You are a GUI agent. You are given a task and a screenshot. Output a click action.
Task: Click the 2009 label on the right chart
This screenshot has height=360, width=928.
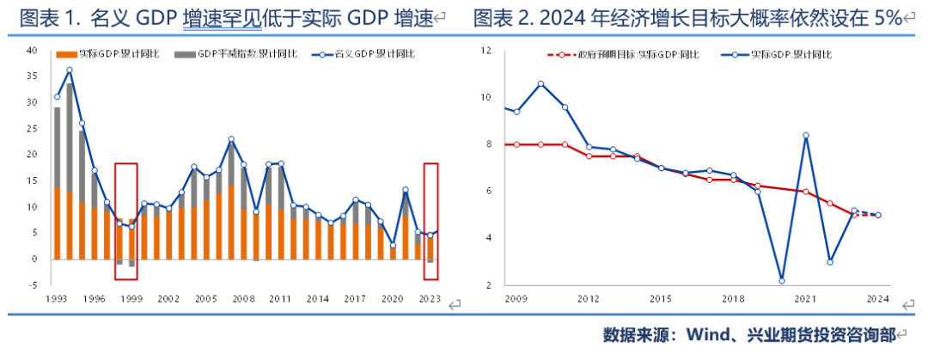[x=516, y=298]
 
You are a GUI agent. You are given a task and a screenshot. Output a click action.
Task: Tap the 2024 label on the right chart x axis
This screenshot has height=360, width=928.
[x=877, y=298]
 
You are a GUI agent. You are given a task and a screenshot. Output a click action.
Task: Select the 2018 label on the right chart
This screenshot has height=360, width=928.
[x=733, y=298]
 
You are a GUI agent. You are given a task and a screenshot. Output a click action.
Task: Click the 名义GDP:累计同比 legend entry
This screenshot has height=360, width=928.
[x=369, y=55]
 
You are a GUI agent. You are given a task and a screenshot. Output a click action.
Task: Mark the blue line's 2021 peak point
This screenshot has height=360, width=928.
[x=806, y=135]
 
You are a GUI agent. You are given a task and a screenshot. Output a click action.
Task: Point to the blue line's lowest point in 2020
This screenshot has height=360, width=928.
[x=782, y=280]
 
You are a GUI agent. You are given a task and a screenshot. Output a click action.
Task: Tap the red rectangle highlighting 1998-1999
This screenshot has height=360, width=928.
[x=125, y=221]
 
